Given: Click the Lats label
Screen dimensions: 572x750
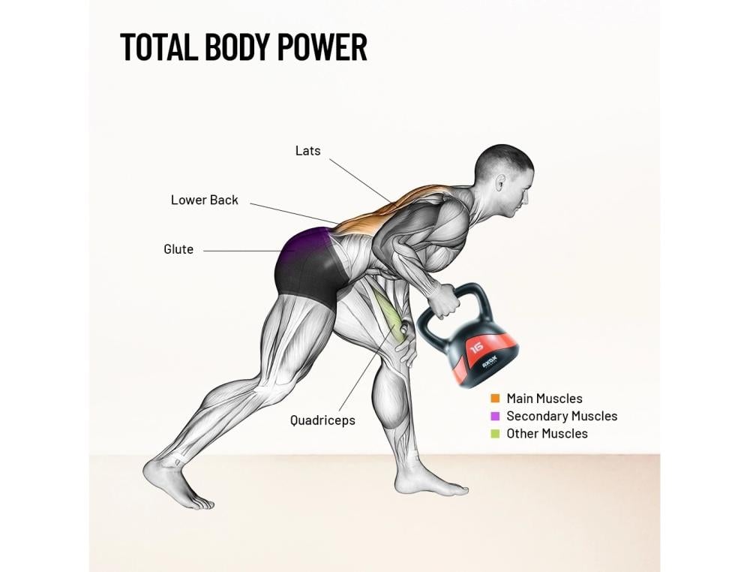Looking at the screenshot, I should [x=307, y=151].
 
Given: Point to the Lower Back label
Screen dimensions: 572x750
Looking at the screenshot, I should [x=204, y=200].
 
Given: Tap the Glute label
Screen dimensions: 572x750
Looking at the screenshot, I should [x=178, y=249].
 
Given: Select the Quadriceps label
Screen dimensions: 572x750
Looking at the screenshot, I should [x=322, y=420].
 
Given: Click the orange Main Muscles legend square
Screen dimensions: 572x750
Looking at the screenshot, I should [x=495, y=399].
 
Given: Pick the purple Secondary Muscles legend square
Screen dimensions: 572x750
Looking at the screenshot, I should [x=495, y=416].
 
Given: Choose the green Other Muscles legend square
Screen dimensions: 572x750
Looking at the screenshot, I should [x=495, y=433].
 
